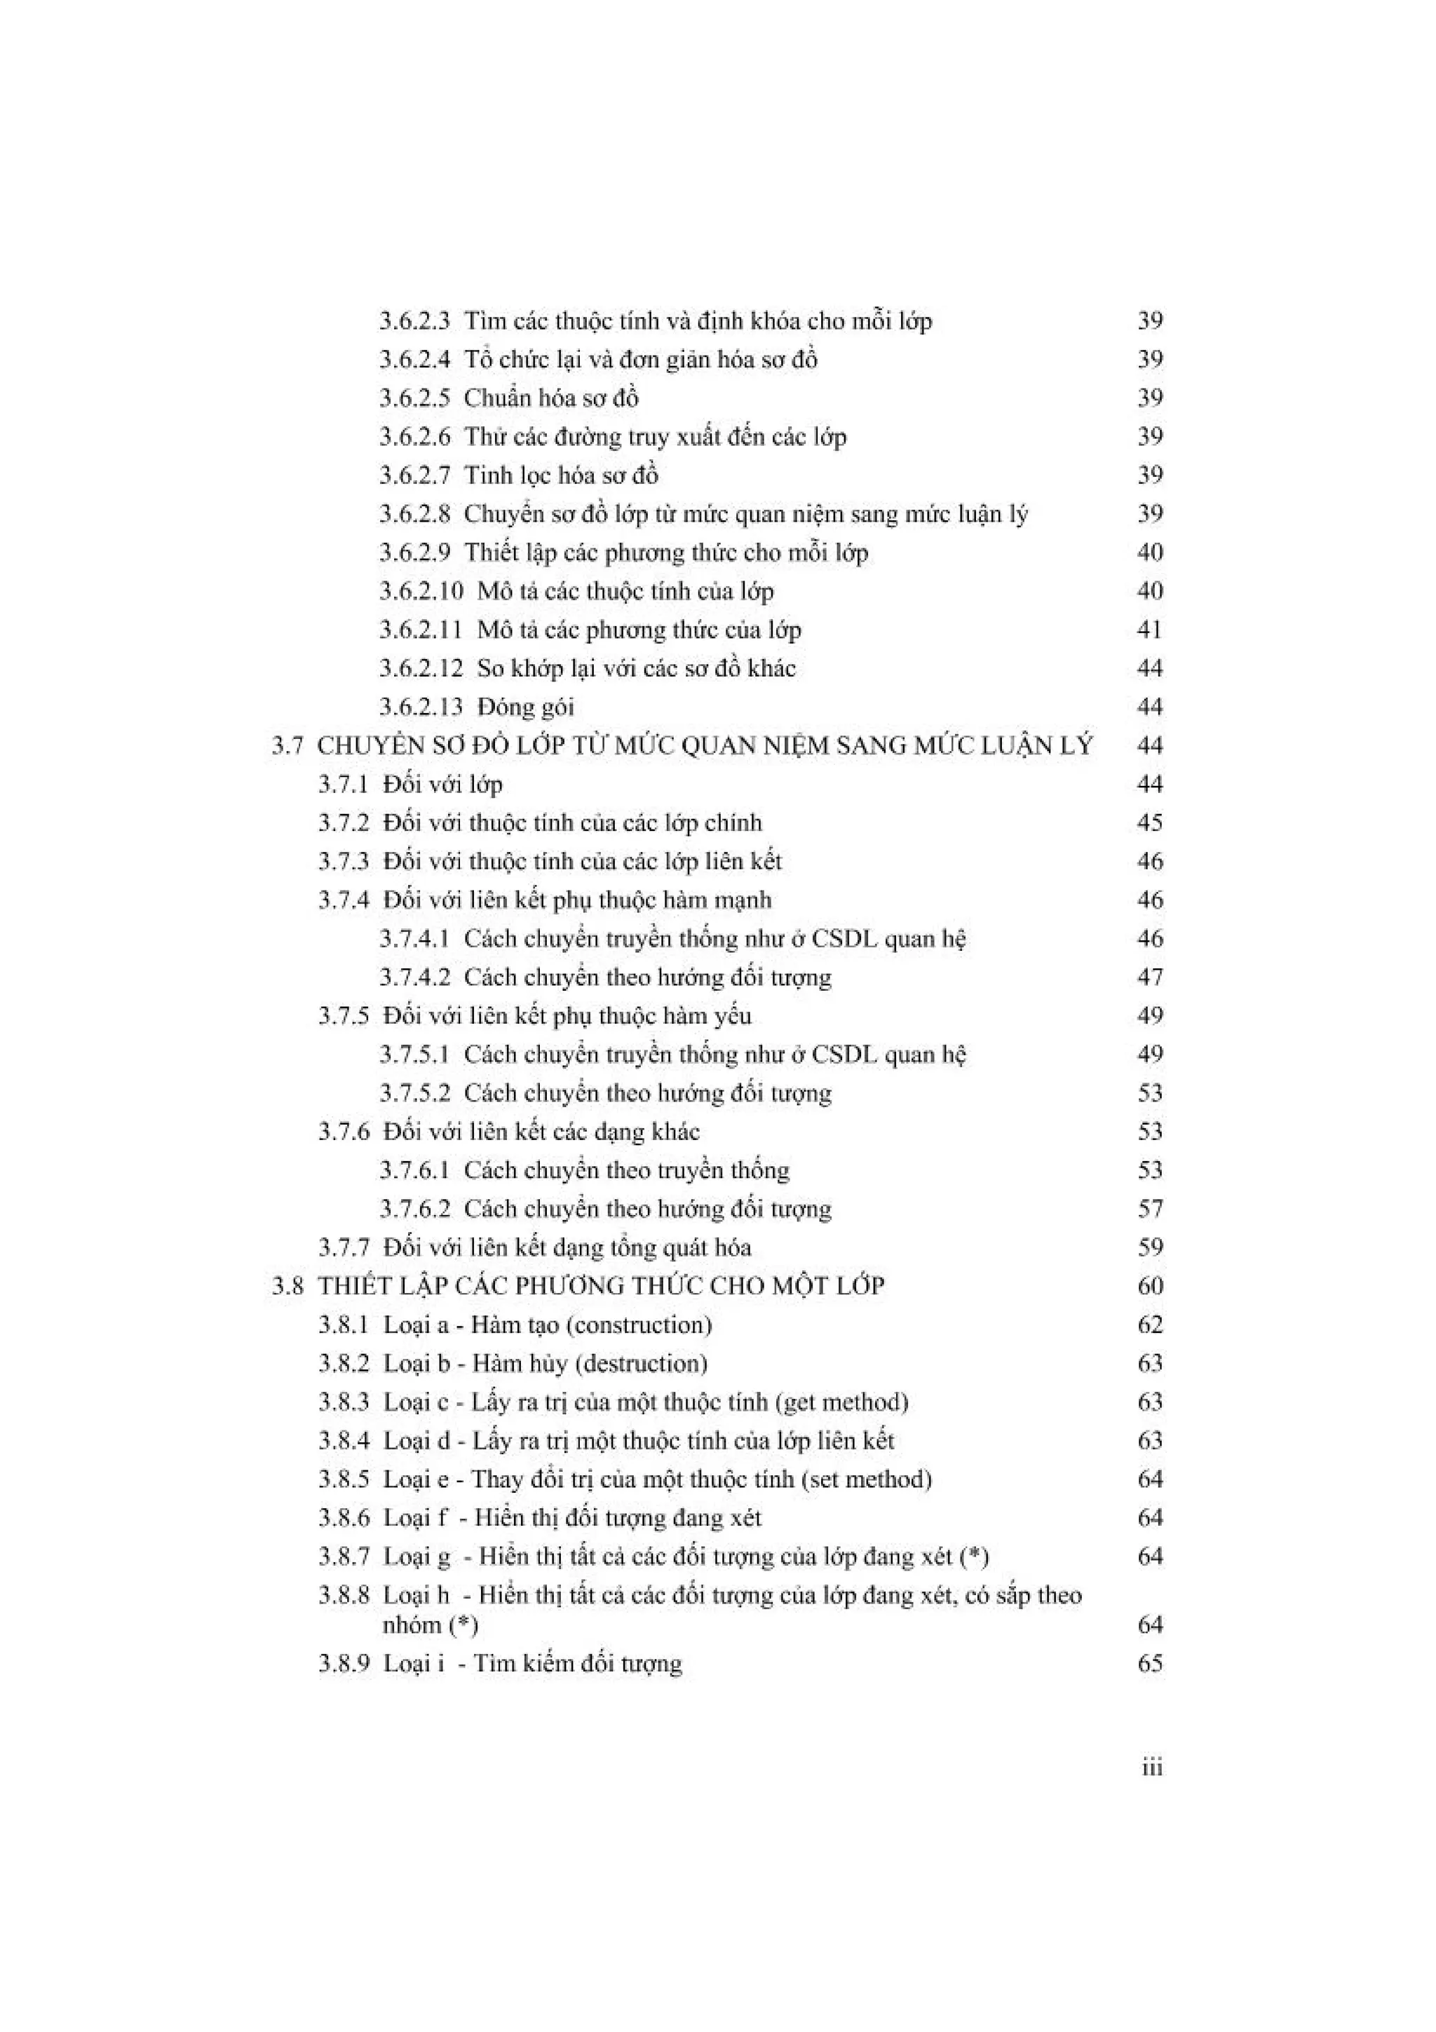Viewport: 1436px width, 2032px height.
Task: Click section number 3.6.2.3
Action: click(414, 320)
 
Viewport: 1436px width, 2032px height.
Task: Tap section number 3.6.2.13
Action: click(421, 707)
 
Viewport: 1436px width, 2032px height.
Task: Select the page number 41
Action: click(1149, 629)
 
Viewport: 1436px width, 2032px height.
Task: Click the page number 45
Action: click(1149, 823)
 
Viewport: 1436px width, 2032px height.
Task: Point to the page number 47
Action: click(1149, 977)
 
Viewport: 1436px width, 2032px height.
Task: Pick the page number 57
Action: click(1149, 1209)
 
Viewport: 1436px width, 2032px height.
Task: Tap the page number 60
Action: click(1149, 1286)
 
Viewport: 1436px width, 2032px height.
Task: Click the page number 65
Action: click(1149, 1663)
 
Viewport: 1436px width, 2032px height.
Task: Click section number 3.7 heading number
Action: click(287, 746)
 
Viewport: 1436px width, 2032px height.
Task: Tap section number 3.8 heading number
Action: click(287, 1286)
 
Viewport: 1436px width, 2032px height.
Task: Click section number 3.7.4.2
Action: click(414, 977)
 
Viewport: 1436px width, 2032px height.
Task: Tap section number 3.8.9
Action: click(344, 1663)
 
